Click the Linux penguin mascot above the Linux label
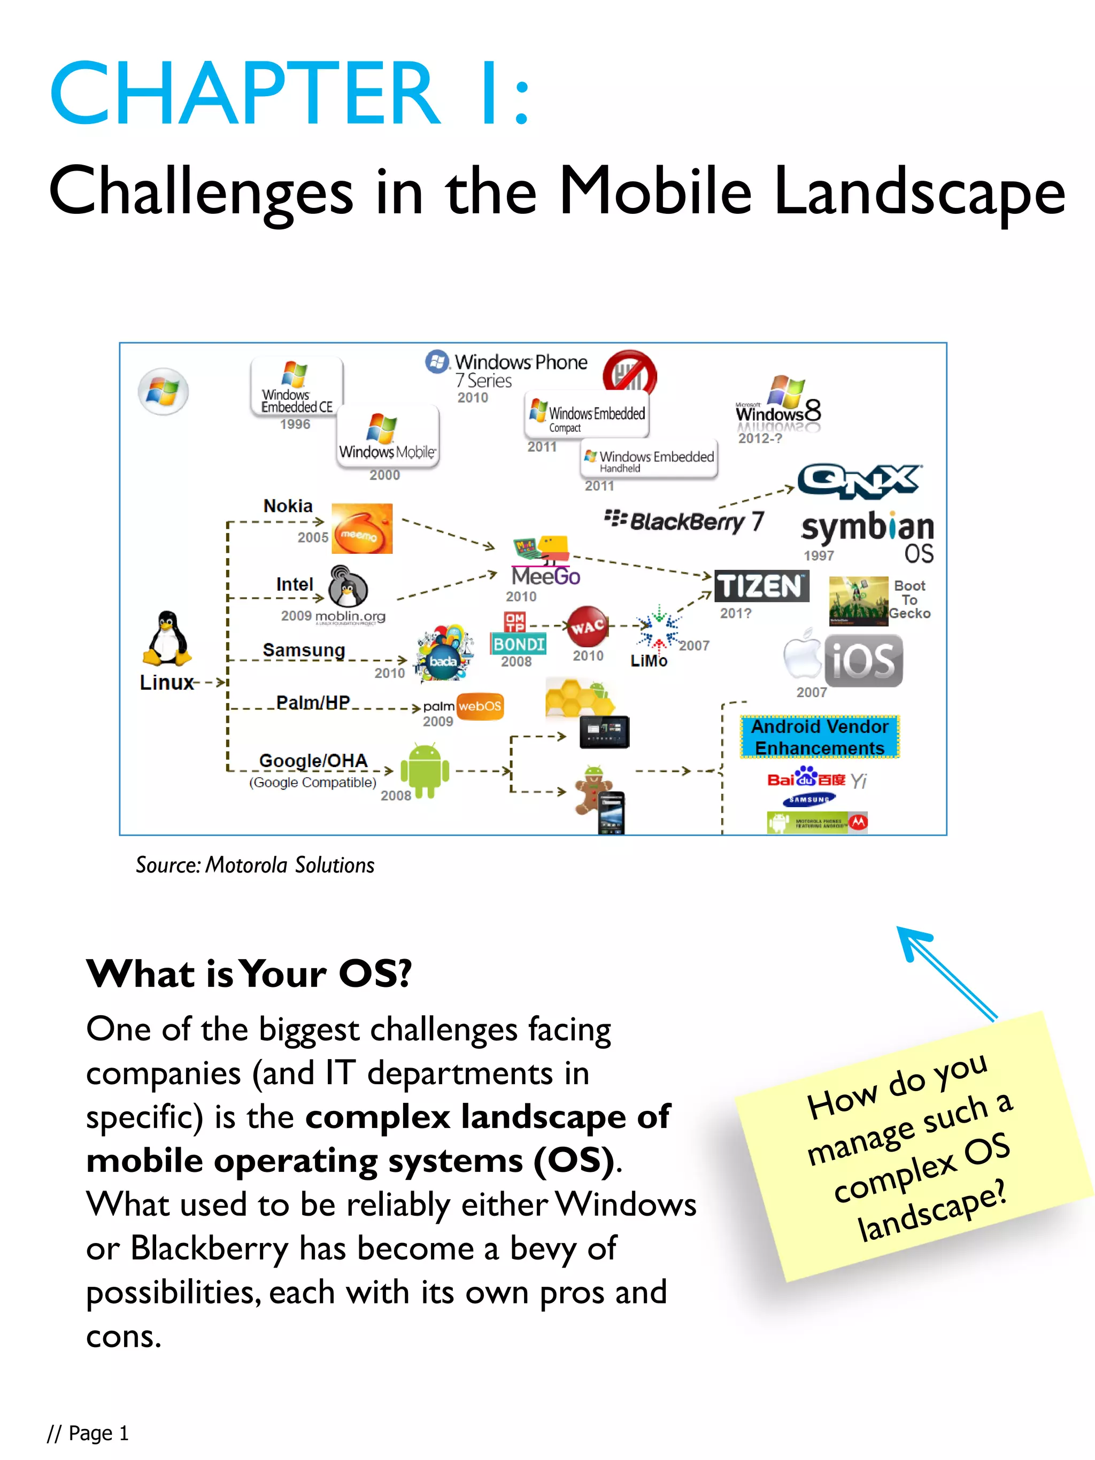tap(166, 638)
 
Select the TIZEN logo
tap(761, 586)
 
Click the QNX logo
tap(859, 481)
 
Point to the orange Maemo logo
tap(361, 529)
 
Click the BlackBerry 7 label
tap(684, 521)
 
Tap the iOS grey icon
tap(862, 661)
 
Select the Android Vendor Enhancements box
tap(819, 737)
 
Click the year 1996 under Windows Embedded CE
tap(295, 424)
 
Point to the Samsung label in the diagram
tap(304, 650)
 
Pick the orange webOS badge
tap(480, 706)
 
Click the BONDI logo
tap(518, 644)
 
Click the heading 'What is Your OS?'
tap(249, 974)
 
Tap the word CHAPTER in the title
tap(244, 93)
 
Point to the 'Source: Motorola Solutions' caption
tap(255, 864)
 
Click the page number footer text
tap(88, 1433)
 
